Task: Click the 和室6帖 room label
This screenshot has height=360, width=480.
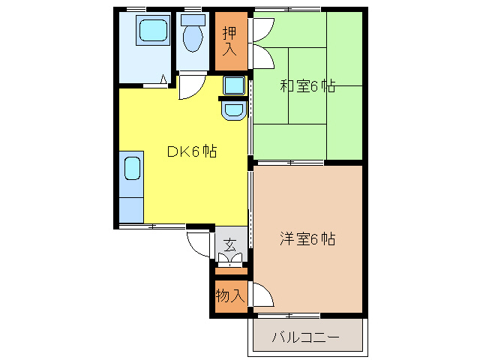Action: pos(307,86)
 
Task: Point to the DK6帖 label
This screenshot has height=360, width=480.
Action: pos(191,151)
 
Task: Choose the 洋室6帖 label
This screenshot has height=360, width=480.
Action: pos(307,239)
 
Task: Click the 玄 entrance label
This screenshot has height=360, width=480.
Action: pos(230,244)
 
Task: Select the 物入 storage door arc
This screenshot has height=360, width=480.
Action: pos(260,295)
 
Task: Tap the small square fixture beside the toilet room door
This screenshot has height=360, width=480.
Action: pos(233,85)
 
